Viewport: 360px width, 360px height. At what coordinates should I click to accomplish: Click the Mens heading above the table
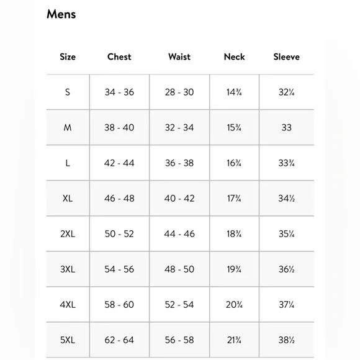pos(61,14)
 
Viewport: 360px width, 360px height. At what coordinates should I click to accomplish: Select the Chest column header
pos(119,56)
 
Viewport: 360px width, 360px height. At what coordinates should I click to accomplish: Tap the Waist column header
pos(179,56)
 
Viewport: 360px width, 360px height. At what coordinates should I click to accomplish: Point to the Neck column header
pos(234,56)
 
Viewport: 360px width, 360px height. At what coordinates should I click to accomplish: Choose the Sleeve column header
pos(286,56)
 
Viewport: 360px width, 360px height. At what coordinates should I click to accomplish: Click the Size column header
pos(68,56)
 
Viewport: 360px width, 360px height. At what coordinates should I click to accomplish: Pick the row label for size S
pos(68,92)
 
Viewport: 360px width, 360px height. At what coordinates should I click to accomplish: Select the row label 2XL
pos(68,234)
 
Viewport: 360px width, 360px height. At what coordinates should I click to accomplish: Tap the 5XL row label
pos(68,340)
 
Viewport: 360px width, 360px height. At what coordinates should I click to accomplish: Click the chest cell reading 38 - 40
pos(119,127)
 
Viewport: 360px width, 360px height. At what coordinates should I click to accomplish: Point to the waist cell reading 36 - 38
pos(179,163)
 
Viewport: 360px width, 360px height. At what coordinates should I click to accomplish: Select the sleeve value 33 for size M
pos(286,127)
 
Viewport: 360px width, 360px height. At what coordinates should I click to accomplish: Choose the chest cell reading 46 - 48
pos(119,199)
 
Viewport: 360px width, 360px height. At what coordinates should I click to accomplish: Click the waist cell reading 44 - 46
pos(179,234)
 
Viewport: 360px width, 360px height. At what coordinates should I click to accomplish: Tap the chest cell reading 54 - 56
pos(119,269)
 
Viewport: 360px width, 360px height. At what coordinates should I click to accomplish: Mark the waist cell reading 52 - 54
pos(179,305)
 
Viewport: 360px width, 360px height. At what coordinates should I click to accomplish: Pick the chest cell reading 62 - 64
pos(119,340)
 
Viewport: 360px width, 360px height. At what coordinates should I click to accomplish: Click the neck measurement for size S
pos(234,92)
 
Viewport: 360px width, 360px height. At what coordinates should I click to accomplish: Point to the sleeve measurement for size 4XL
pos(286,305)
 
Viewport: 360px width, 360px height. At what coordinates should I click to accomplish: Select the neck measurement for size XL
pos(234,199)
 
